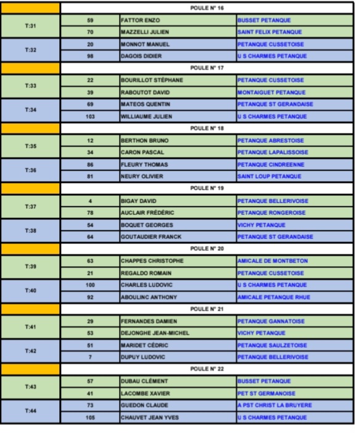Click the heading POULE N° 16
pyautogui.click(x=207, y=8)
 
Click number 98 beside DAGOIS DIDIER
pyautogui.click(x=91, y=56)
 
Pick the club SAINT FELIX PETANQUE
pyautogui.click(x=269, y=32)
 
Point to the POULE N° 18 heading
pyautogui.click(x=207, y=128)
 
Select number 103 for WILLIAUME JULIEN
pyautogui.click(x=91, y=116)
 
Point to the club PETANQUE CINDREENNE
pyautogui.click(x=271, y=164)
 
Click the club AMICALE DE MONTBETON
pyautogui.click(x=272, y=261)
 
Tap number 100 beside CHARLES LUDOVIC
pyautogui.click(x=91, y=285)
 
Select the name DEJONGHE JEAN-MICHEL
pyautogui.click(x=155, y=333)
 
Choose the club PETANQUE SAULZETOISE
pyautogui.click(x=272, y=345)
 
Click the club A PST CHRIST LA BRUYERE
pyautogui.click(x=274, y=405)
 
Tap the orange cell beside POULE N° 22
pyautogui.click(x=31, y=369)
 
